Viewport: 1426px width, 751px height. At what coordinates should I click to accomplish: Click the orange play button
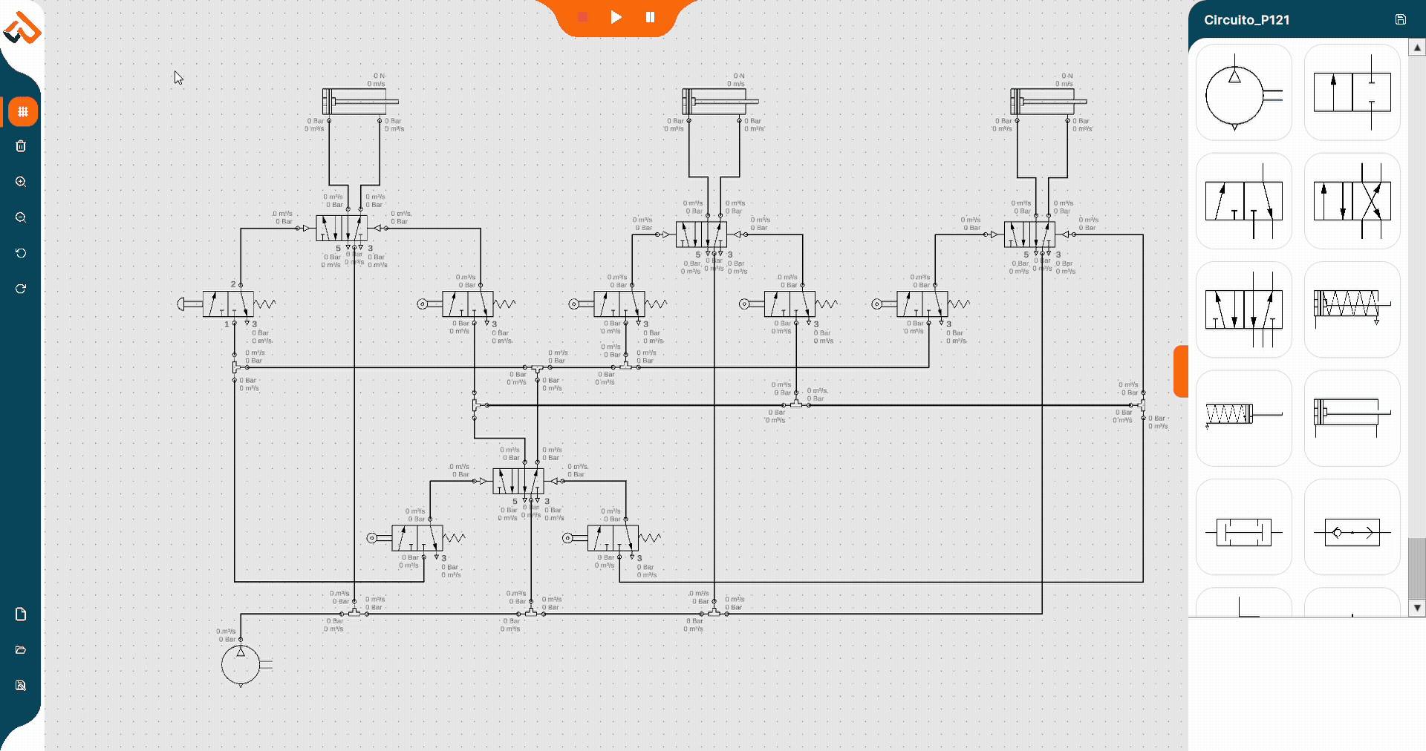pos(616,17)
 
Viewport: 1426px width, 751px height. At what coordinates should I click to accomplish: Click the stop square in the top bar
pos(583,17)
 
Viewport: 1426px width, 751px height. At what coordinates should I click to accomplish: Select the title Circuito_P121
pos(1246,20)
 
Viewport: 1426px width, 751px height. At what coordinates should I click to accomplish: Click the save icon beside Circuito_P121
pos(1400,20)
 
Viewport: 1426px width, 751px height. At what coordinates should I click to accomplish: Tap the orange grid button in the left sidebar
pos(23,112)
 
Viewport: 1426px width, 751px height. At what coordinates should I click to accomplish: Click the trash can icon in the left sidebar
pos(21,146)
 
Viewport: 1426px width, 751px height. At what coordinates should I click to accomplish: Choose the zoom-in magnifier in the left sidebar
pos(21,182)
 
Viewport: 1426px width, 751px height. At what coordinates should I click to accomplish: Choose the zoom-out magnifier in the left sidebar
pos(21,217)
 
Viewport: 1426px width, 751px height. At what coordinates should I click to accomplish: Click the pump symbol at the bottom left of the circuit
pos(241,664)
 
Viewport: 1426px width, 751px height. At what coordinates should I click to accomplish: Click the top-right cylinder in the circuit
pos(1044,102)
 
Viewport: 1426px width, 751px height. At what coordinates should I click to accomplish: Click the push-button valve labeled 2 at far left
pos(227,304)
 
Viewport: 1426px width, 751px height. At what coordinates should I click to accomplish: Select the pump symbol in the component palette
pos(1243,93)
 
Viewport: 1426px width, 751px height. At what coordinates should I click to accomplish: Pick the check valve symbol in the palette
pos(1352,532)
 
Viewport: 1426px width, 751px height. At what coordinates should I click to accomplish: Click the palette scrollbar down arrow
pos(1417,608)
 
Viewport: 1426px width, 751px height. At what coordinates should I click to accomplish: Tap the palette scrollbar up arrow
pos(1417,47)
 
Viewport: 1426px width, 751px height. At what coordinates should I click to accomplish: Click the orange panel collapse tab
pos(1181,371)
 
